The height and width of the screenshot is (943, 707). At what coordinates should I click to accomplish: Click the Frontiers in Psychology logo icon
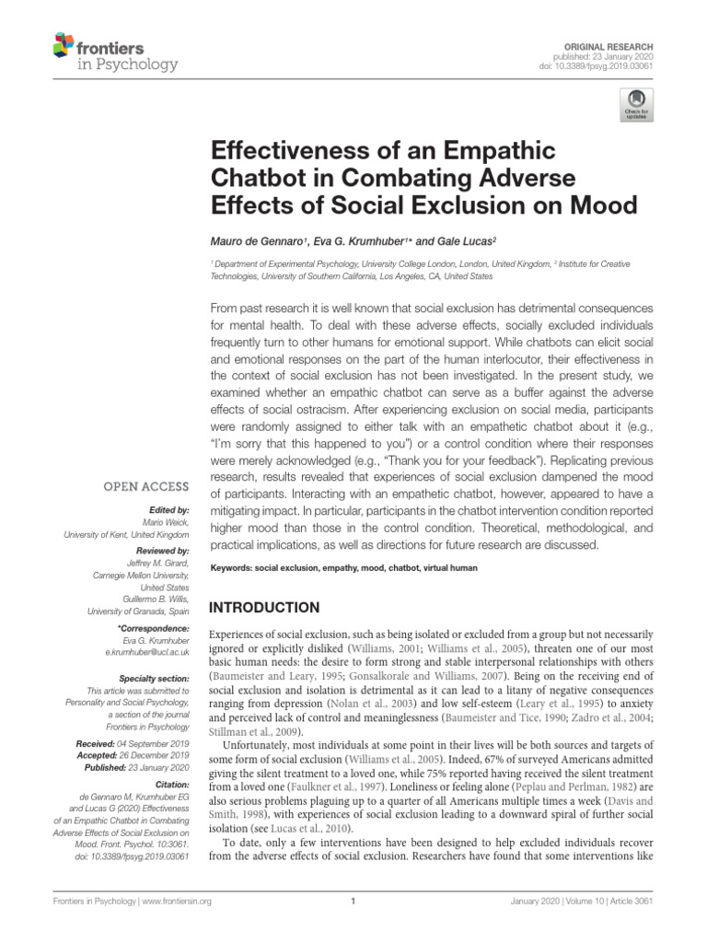coord(62,45)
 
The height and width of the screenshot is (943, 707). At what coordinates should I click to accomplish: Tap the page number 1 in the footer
coord(353,902)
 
